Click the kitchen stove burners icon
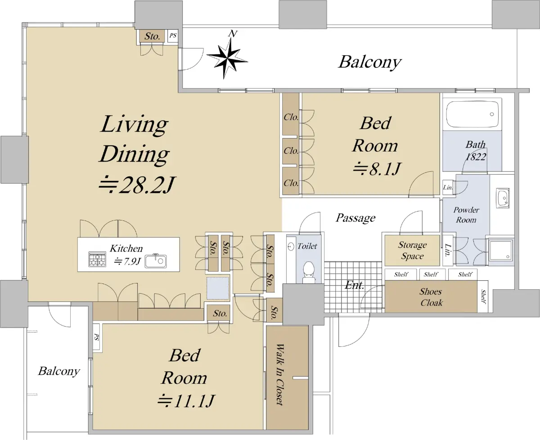[97, 259]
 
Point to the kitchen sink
[156, 261]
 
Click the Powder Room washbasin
[503, 198]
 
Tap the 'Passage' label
[355, 218]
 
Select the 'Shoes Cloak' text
[431, 297]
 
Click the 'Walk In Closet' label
[279, 375]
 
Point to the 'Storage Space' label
[412, 250]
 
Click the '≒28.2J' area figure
[137, 185]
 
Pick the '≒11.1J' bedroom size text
[186, 401]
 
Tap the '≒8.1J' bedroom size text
[377, 169]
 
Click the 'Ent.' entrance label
[355, 285]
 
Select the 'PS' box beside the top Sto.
[173, 36]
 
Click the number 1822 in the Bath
[476, 157]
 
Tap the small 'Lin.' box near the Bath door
[448, 187]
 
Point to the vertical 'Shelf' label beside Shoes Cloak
[483, 296]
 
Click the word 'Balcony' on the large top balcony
[370, 62]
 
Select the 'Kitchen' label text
[126, 248]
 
